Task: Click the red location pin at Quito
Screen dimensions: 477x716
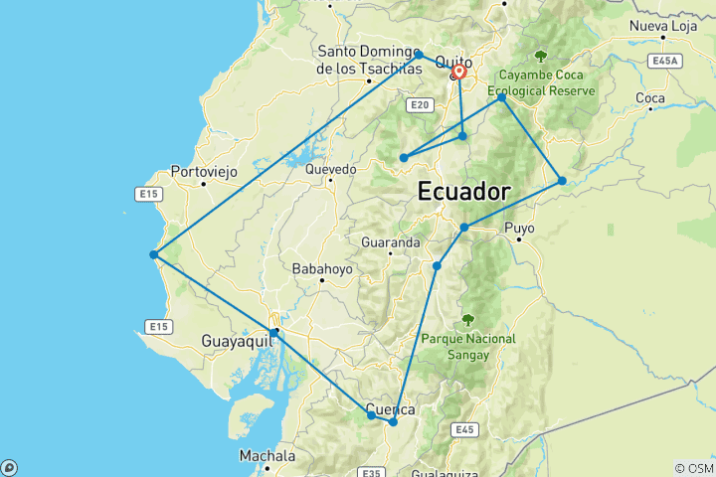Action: (x=458, y=72)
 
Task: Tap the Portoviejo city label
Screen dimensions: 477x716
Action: (x=204, y=172)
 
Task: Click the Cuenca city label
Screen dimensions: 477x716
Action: (x=391, y=409)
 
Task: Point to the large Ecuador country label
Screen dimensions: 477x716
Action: (x=465, y=191)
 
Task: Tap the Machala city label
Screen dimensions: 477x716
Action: (x=267, y=456)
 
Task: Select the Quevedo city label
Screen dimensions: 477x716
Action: (x=330, y=170)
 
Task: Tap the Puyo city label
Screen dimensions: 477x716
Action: (x=519, y=229)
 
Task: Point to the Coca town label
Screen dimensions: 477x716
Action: (x=649, y=98)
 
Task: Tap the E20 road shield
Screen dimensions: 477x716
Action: (x=420, y=103)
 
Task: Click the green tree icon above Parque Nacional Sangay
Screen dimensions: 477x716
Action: (x=468, y=320)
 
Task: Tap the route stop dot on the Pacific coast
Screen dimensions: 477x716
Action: (x=153, y=254)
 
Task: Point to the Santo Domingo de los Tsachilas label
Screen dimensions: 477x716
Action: (x=369, y=61)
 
